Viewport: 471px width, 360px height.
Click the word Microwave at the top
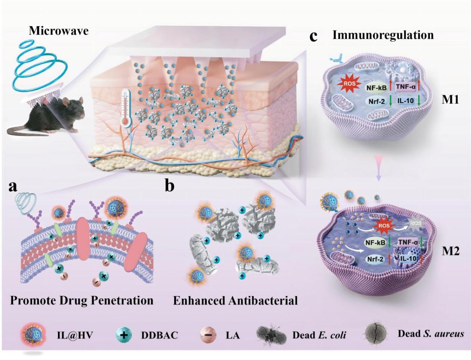point(59,31)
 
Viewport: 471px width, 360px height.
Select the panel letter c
point(313,36)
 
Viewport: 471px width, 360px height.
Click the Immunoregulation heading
point(383,35)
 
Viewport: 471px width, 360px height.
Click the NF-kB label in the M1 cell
point(376,88)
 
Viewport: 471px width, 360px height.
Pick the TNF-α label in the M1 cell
point(406,87)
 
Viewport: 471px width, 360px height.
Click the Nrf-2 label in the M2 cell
point(375,259)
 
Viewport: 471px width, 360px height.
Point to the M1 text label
point(450,100)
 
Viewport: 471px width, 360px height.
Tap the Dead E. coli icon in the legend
point(271,334)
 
